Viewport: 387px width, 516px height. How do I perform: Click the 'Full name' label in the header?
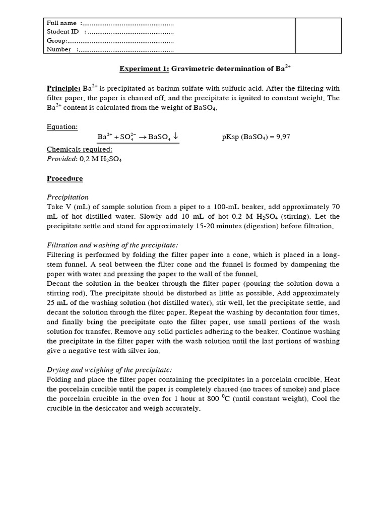tap(61, 23)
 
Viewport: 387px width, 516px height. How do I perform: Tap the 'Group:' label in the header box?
tap(56, 41)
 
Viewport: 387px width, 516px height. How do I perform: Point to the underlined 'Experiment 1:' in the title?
tap(144, 69)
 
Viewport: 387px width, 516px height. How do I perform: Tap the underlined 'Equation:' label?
tap(62, 126)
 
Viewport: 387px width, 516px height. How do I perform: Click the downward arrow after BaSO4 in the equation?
tap(175, 137)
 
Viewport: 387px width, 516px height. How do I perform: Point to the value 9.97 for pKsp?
tap(281, 137)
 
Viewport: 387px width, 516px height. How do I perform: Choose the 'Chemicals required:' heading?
tap(79, 149)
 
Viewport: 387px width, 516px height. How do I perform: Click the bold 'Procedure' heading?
tap(65, 178)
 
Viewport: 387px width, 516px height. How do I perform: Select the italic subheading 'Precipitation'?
tap(68, 197)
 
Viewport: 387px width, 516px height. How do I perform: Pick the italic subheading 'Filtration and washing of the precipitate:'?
tap(112, 245)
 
